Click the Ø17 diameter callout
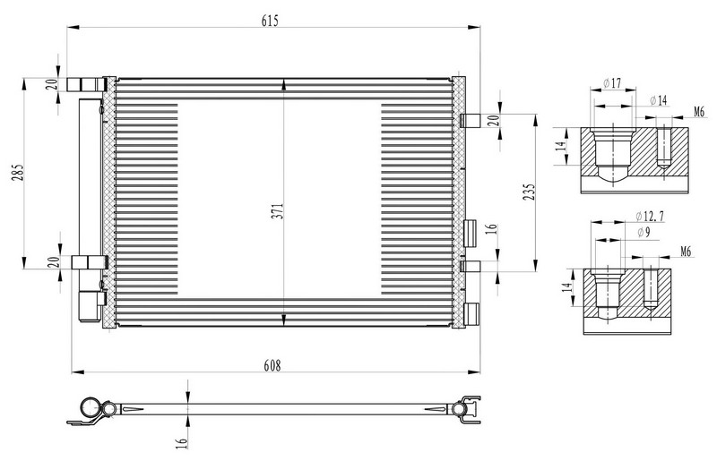pos(613,83)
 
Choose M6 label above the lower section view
pos(685,252)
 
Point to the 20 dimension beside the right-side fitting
pos(492,120)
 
